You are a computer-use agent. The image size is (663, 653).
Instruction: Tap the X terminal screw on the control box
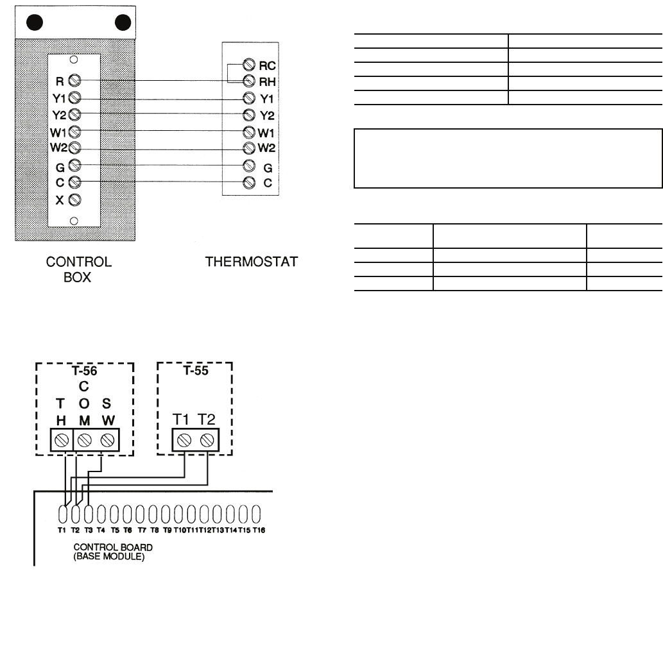coord(74,199)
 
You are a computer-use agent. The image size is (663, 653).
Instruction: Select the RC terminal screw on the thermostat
coord(248,65)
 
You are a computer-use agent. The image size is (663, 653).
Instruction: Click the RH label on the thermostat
coord(266,81)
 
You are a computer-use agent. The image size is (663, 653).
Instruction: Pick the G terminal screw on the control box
coord(74,165)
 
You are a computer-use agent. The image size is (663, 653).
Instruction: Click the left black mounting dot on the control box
coord(35,23)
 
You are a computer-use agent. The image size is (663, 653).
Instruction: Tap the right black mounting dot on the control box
coord(122,23)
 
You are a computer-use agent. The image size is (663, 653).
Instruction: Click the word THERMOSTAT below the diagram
coord(251,262)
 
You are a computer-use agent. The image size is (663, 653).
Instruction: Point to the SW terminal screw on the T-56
coord(107,441)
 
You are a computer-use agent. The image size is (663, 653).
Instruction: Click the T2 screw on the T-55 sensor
coord(207,441)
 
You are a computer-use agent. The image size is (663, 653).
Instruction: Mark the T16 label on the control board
coord(259,530)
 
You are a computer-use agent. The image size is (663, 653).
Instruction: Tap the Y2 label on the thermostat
coord(266,115)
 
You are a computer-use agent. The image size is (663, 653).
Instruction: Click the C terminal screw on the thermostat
coord(248,182)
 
